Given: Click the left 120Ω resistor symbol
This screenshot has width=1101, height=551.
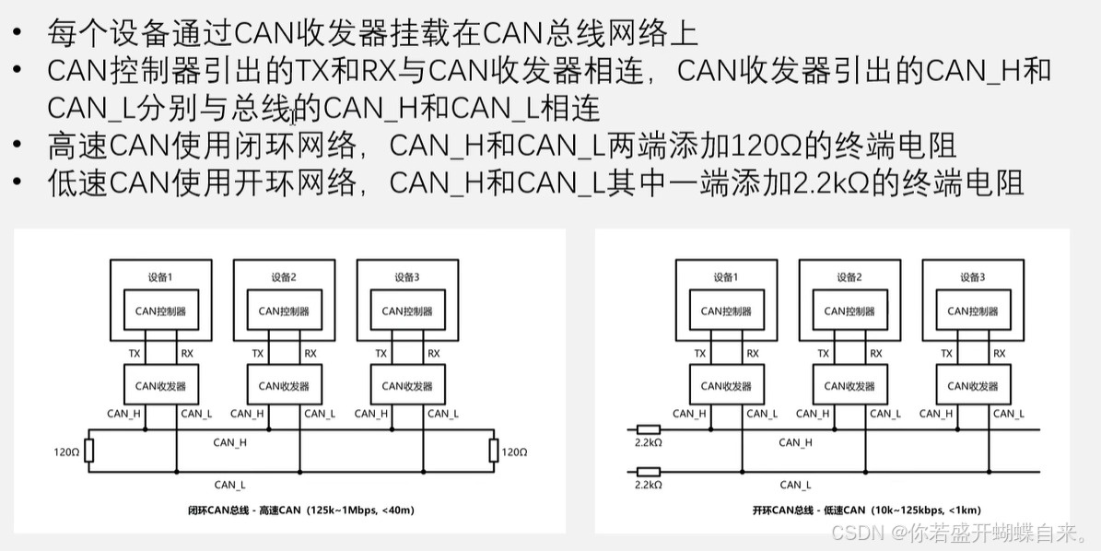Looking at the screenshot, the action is click(88, 451).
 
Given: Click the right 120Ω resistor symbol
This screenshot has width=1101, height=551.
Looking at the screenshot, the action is click(494, 451).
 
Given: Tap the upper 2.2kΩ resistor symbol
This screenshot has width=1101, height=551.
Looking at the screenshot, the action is click(649, 429).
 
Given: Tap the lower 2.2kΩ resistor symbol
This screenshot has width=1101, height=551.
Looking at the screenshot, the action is click(649, 471).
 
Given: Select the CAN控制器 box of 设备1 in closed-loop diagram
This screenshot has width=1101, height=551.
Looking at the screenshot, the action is click(161, 311).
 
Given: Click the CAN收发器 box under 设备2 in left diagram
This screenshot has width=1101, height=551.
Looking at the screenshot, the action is click(284, 386).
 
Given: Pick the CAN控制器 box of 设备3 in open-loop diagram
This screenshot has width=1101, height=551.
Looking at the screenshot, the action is click(973, 311).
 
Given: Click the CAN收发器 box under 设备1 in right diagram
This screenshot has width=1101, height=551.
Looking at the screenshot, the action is click(726, 386).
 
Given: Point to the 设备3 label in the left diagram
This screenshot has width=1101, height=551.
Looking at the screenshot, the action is click(406, 276).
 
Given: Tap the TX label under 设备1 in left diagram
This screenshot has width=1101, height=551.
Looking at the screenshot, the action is click(135, 353).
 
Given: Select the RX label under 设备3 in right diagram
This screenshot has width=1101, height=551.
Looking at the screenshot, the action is click(999, 353).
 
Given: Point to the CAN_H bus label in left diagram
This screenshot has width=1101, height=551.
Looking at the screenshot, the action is click(229, 442).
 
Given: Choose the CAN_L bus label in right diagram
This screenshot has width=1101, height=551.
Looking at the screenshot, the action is click(795, 485).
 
